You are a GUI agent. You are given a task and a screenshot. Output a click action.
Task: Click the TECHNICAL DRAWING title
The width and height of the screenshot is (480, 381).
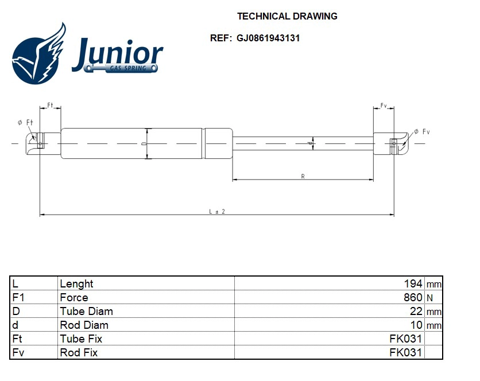(x=287, y=16)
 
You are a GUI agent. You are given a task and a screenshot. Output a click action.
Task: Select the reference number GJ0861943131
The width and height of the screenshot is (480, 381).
(x=268, y=38)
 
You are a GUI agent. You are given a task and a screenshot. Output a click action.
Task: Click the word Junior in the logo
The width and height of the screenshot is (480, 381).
(x=118, y=53)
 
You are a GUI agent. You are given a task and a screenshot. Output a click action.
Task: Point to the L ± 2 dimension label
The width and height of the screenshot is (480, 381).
(x=216, y=211)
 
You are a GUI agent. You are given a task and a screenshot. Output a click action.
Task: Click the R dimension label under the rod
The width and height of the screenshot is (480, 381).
(x=303, y=176)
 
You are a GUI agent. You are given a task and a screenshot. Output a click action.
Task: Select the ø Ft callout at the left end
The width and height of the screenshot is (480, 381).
(x=25, y=122)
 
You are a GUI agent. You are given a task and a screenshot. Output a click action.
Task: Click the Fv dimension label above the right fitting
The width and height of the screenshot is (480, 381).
(x=384, y=106)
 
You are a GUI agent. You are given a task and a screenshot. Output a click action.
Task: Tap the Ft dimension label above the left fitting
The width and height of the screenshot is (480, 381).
(x=50, y=106)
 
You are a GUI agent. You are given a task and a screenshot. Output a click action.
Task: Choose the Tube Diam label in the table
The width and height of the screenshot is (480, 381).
(x=86, y=311)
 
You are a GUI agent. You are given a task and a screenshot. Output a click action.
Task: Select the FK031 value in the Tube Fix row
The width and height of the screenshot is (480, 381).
(x=406, y=339)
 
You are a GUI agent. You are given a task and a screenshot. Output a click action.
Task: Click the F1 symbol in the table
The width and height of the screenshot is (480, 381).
(x=18, y=297)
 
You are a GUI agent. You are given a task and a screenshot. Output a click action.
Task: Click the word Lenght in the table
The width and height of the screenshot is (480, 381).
(x=76, y=283)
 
